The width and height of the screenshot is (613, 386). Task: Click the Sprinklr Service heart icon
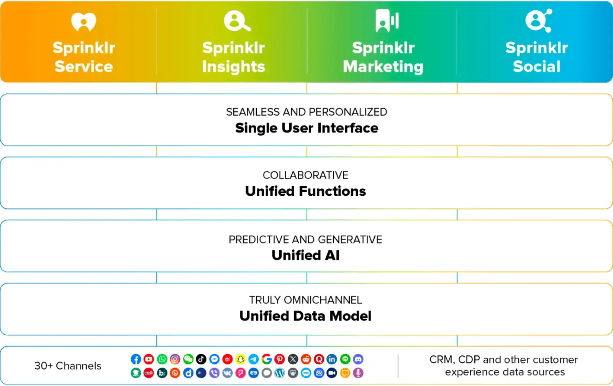click(x=84, y=21)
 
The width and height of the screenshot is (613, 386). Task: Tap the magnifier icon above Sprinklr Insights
click(x=237, y=21)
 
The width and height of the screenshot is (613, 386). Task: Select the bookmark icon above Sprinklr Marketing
click(x=387, y=21)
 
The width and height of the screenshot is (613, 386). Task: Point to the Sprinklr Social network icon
click(x=538, y=21)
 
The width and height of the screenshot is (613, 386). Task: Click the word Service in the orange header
click(x=84, y=66)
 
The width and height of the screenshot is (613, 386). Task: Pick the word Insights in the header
click(x=233, y=67)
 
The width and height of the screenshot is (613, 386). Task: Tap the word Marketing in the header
click(x=383, y=67)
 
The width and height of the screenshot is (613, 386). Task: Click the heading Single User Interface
click(x=306, y=128)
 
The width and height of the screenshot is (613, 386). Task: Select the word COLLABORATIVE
click(x=305, y=175)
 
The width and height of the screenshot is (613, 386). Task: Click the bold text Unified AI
click(x=305, y=255)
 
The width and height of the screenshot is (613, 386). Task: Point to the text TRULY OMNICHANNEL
click(x=305, y=300)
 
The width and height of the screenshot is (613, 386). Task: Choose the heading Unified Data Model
click(x=305, y=316)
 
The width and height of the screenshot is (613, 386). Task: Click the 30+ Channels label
click(x=68, y=366)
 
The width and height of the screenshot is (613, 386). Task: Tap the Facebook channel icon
click(x=136, y=359)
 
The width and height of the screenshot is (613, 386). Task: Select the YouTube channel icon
click(x=149, y=359)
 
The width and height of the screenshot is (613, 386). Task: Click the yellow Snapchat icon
click(x=240, y=359)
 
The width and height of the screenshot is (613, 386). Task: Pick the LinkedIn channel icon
click(x=332, y=359)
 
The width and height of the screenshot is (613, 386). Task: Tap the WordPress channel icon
click(x=280, y=373)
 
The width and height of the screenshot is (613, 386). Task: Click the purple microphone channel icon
click(x=358, y=373)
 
